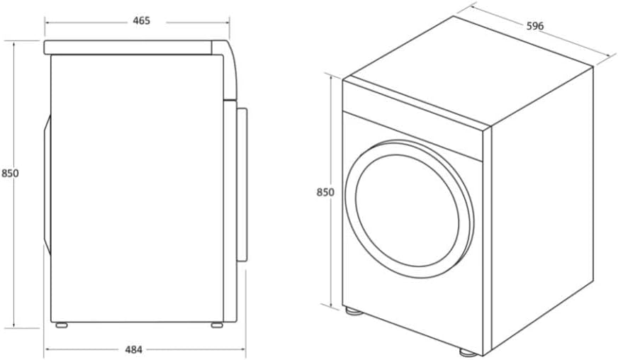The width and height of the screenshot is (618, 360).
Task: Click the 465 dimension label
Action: (x=142, y=21)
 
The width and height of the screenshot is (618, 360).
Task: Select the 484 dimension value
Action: (x=134, y=349)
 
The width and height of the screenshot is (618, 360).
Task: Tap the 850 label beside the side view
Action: (x=10, y=173)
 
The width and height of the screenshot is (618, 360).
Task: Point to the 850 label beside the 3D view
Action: (x=325, y=192)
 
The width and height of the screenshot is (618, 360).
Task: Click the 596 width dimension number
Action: (x=535, y=26)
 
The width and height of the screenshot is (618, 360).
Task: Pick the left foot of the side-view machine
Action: (x=62, y=325)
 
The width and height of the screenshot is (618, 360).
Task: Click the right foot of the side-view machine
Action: (x=217, y=325)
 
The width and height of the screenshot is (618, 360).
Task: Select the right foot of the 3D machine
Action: (x=468, y=351)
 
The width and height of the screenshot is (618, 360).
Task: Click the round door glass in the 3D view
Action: (x=407, y=210)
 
